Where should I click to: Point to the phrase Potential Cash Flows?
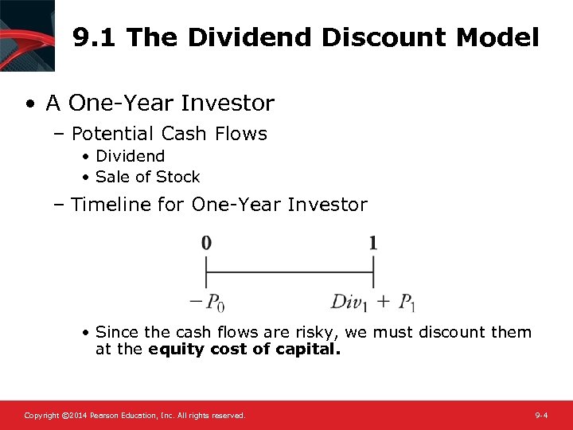point(169,134)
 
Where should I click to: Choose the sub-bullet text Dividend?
point(130,156)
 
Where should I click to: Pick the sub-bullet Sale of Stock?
point(147,177)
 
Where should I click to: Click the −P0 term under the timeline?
point(206,302)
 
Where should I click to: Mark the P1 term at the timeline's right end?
point(407,302)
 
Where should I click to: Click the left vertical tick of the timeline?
point(206,276)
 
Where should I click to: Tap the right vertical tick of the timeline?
point(373,276)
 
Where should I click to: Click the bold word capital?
point(306,349)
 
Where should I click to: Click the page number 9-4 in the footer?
point(541,416)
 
